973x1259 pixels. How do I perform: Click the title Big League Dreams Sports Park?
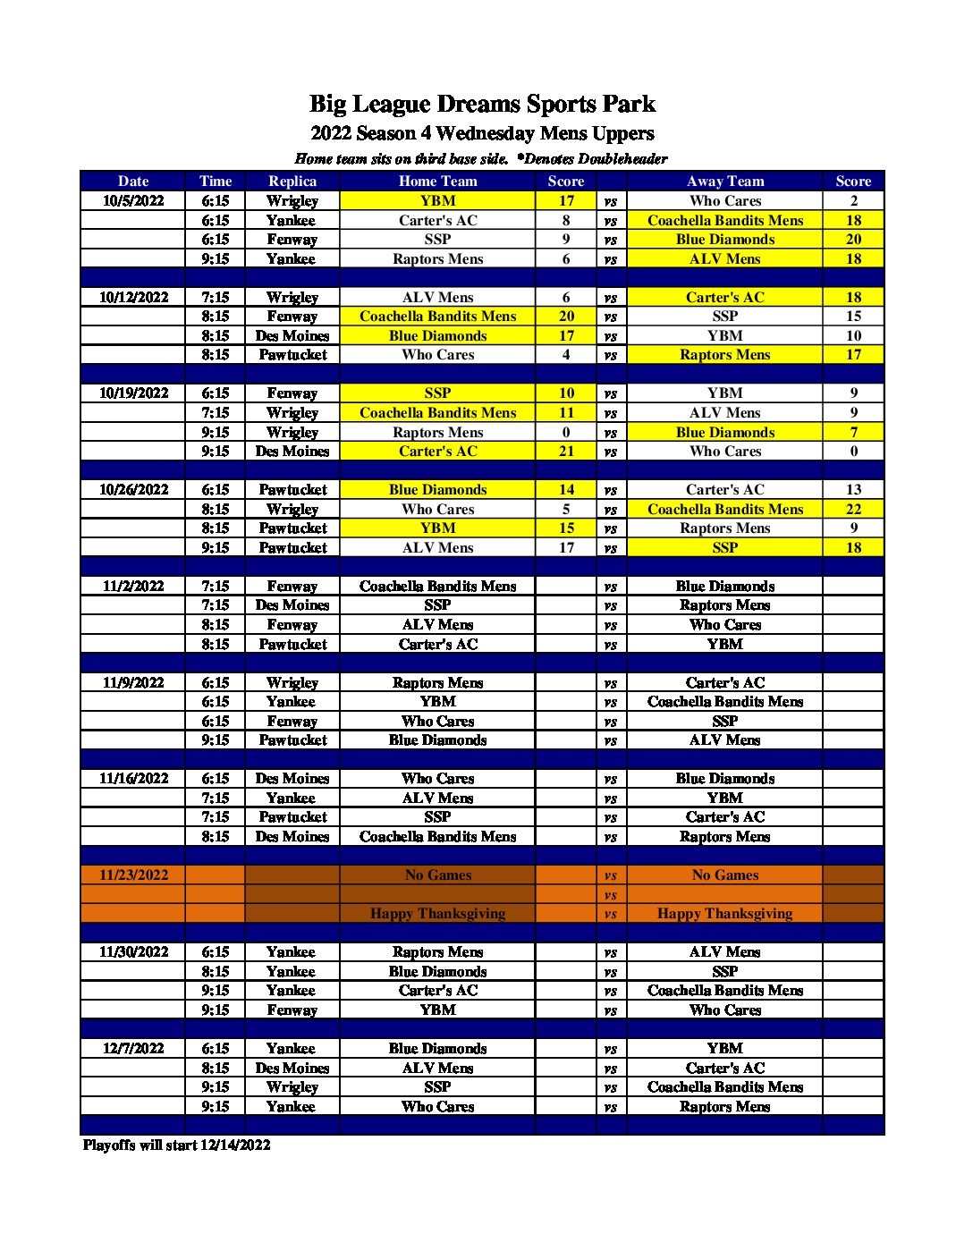(482, 105)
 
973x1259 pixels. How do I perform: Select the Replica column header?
(292, 181)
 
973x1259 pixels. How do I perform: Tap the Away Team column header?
(724, 181)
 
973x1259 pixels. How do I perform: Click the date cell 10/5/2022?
(133, 200)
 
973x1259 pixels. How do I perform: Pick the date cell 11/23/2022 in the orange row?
(133, 875)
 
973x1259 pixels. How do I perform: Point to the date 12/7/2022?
(133, 1048)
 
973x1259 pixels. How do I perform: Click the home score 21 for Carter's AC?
(566, 451)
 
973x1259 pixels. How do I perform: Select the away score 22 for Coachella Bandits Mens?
(853, 509)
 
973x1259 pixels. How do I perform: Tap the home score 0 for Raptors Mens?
(566, 432)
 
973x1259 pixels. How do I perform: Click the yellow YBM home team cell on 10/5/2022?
(437, 200)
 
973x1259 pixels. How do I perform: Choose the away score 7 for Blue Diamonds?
(853, 432)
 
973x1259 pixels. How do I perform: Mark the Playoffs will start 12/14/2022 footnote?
(176, 1145)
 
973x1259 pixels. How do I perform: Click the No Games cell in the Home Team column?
(437, 875)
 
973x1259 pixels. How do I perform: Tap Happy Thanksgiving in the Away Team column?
(724, 913)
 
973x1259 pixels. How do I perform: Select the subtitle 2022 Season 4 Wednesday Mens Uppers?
(482, 133)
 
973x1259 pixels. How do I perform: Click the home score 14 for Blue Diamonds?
(566, 489)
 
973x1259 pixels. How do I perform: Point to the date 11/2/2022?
(133, 586)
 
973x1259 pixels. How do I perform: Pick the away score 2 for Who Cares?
(853, 200)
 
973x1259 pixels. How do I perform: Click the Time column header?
(216, 181)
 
